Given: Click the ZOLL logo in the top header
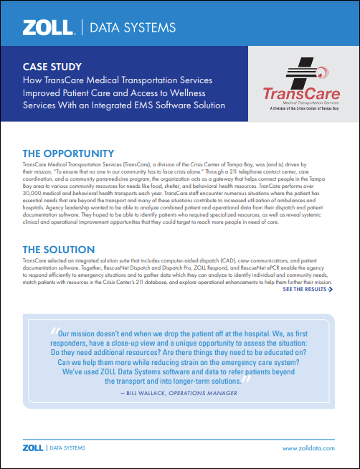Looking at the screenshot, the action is click(x=48, y=28).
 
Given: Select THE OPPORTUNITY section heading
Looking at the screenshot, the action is click(x=68, y=153).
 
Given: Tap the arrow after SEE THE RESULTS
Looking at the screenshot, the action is click(x=330, y=290).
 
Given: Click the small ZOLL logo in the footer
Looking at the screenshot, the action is click(x=32, y=447).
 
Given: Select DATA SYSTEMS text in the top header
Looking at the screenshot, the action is click(x=135, y=28).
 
